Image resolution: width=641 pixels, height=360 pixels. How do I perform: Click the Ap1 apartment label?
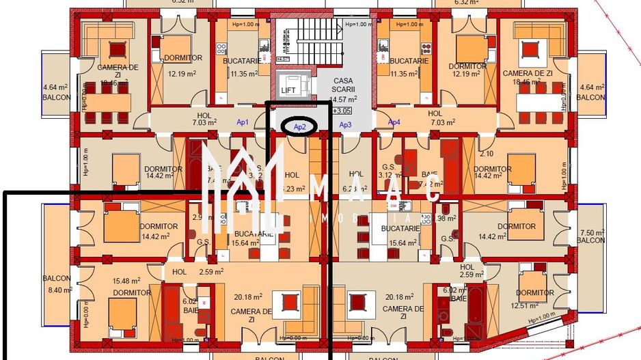coord(243,122)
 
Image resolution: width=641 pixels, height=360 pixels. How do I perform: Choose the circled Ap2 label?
coord(299,126)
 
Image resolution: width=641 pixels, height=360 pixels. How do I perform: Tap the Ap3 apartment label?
coord(345,124)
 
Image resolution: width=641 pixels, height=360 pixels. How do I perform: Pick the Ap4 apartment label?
coord(394,122)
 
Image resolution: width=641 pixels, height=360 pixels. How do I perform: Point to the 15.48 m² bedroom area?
coord(126,280)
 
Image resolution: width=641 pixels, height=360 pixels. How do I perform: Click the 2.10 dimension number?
coord(486,154)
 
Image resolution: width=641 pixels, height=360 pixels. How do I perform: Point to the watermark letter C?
coord(432,193)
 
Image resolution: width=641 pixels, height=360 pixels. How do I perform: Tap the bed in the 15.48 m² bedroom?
coord(123,314)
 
